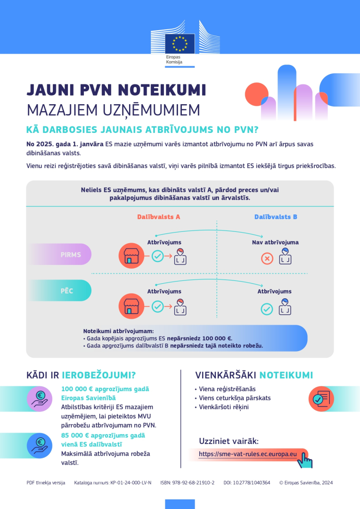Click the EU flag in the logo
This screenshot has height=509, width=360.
pyautogui.click(x=180, y=43)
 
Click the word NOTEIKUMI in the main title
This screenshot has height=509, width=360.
pyautogui.click(x=162, y=90)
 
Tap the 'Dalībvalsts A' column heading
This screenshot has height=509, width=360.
pyautogui.click(x=158, y=217)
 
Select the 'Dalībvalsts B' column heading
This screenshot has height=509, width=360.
pyautogui.click(x=276, y=217)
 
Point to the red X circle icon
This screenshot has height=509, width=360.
pyautogui.click(x=267, y=259)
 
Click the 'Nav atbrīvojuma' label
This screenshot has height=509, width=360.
pyautogui.click(x=275, y=242)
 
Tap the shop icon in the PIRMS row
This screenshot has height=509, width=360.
pyautogui.click(x=131, y=256)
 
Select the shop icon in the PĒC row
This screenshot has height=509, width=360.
pyautogui.click(x=131, y=306)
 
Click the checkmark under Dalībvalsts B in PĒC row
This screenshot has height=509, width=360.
pyautogui.click(x=267, y=309)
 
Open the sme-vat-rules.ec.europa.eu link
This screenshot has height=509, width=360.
pyautogui.click(x=248, y=454)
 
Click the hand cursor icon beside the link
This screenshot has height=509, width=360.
pyautogui.click(x=305, y=460)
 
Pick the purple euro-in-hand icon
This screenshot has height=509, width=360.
pyautogui.click(x=40, y=399)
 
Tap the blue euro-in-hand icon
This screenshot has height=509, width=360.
pyautogui.click(x=40, y=445)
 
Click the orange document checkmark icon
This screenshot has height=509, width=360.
pyautogui.click(x=321, y=399)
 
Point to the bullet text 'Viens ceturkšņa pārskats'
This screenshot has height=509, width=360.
pyautogui.click(x=235, y=398)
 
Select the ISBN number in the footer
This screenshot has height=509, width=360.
pyautogui.click(x=188, y=483)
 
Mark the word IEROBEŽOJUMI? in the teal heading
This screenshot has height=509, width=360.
pyautogui.click(x=98, y=375)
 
